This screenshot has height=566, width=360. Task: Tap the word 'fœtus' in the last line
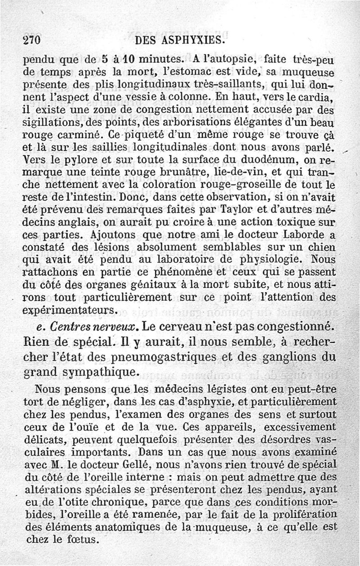pos(84,538)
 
